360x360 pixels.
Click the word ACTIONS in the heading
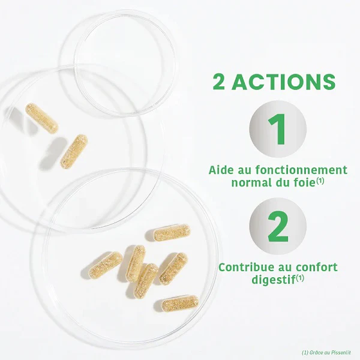pyautogui.click(x=284, y=82)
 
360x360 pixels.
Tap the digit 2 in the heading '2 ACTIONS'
pyautogui.click(x=218, y=82)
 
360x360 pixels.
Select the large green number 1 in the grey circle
pyautogui.click(x=277, y=129)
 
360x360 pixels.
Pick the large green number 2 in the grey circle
pyautogui.click(x=278, y=226)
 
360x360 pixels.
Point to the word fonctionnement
pyautogui.click(x=301, y=170)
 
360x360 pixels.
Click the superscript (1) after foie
pyautogui.click(x=320, y=181)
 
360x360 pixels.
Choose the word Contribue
pyautogui.click(x=246, y=267)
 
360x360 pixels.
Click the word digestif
pyautogui.click(x=274, y=280)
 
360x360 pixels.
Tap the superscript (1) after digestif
pyautogui.click(x=300, y=278)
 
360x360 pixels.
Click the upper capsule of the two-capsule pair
pyautogui.click(x=41, y=118)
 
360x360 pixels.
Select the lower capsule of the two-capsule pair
pyautogui.click(x=74, y=152)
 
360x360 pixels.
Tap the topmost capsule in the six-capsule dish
pyautogui.click(x=172, y=232)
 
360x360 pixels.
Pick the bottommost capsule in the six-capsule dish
pyautogui.click(x=180, y=303)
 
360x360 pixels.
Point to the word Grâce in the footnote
pyautogui.click(x=315, y=353)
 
